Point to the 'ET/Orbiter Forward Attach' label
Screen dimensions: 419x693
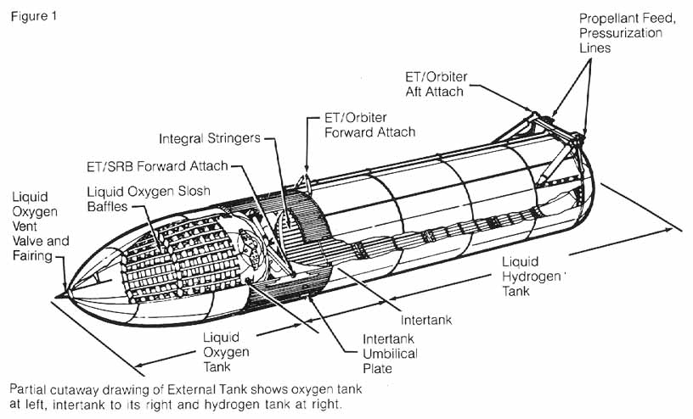coord(370,125)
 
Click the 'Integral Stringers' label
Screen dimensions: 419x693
coord(209,138)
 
